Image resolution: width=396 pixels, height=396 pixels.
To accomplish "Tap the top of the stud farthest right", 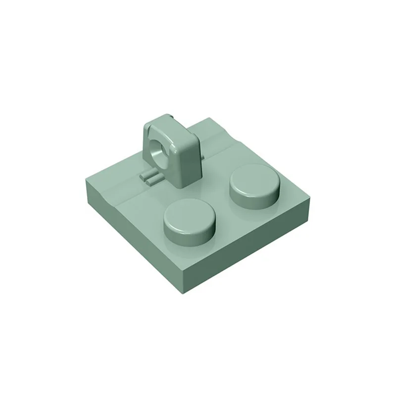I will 253,179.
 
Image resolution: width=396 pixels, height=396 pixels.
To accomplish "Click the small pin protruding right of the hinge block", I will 203,158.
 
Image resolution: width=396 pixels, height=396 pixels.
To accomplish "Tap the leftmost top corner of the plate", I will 85,173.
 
